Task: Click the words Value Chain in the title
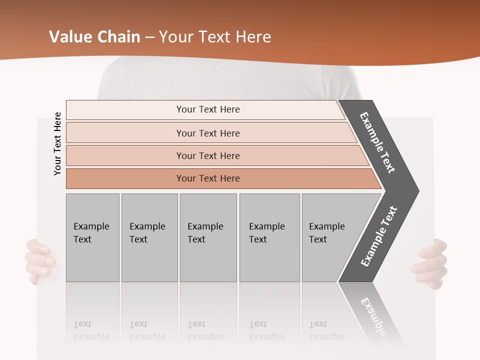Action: [94, 37]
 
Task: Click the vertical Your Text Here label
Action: [57, 143]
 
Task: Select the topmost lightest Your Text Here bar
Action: [207, 109]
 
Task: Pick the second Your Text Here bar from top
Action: [207, 133]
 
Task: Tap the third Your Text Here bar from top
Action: [207, 155]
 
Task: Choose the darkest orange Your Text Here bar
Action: [207, 178]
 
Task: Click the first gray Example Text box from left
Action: [92, 237]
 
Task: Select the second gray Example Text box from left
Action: [149, 237]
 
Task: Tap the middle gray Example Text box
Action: [208, 237]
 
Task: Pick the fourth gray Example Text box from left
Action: [269, 237]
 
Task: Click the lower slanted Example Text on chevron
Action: [379, 236]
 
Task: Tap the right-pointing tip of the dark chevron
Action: [416, 191]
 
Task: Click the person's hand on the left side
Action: [39, 260]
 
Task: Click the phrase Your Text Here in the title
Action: [215, 37]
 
